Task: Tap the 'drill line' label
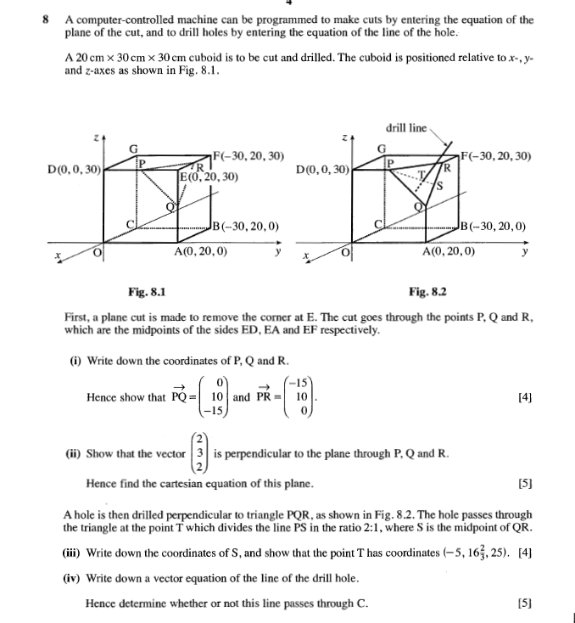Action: pyautogui.click(x=406, y=128)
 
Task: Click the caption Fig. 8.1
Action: pyautogui.click(x=146, y=292)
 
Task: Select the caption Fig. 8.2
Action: pyautogui.click(x=427, y=292)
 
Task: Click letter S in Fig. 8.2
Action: pyautogui.click(x=440, y=188)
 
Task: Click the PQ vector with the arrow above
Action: pyautogui.click(x=179, y=396)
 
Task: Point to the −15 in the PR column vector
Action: pyautogui.click(x=300, y=382)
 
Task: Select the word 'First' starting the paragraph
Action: pyautogui.click(x=77, y=317)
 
